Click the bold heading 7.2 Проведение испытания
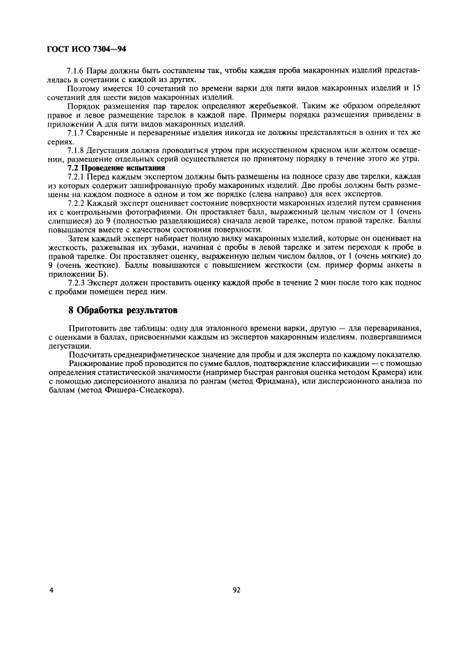(116, 168)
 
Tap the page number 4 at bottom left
(51, 589)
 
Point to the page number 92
(237, 589)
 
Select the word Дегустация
(112, 150)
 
